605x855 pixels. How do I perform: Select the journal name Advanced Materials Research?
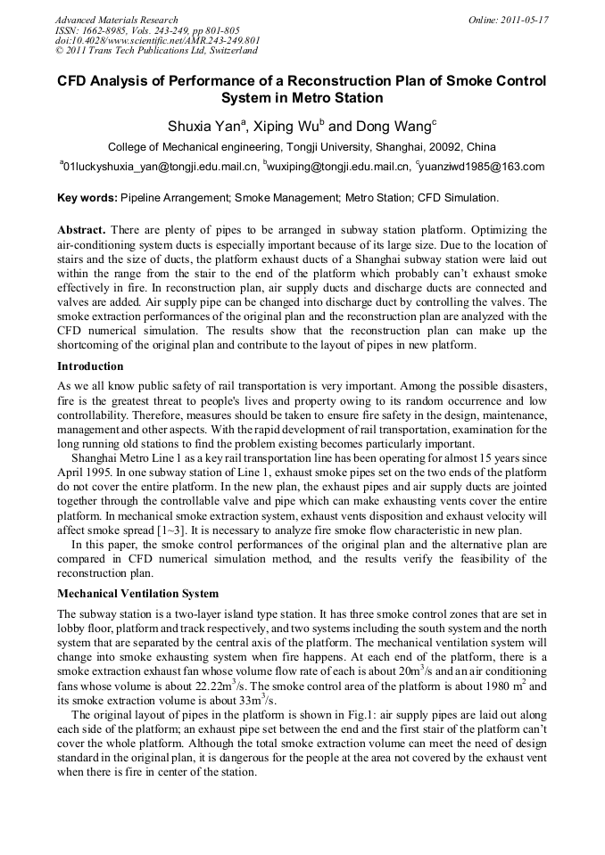click(x=116, y=20)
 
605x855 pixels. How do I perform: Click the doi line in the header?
click(x=157, y=41)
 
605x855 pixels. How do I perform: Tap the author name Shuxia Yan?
click(x=207, y=127)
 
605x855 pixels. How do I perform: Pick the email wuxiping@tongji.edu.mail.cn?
click(x=339, y=167)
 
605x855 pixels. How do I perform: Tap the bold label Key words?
click(x=87, y=197)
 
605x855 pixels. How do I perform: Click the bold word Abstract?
click(x=81, y=230)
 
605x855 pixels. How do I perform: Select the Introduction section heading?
click(x=90, y=366)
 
